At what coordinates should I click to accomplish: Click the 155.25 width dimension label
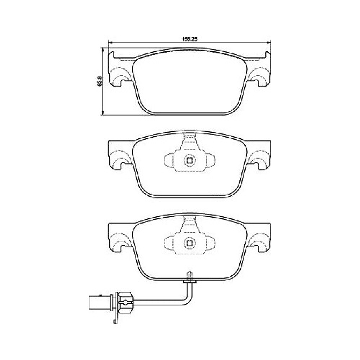pos(189,39)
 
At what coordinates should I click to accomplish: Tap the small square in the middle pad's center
pos(189,161)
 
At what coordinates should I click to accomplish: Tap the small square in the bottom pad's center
pos(189,243)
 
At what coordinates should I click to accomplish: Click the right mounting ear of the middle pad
pos(259,156)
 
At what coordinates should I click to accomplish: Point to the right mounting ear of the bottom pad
pos(259,239)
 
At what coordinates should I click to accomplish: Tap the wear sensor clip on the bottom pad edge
pos(189,279)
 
